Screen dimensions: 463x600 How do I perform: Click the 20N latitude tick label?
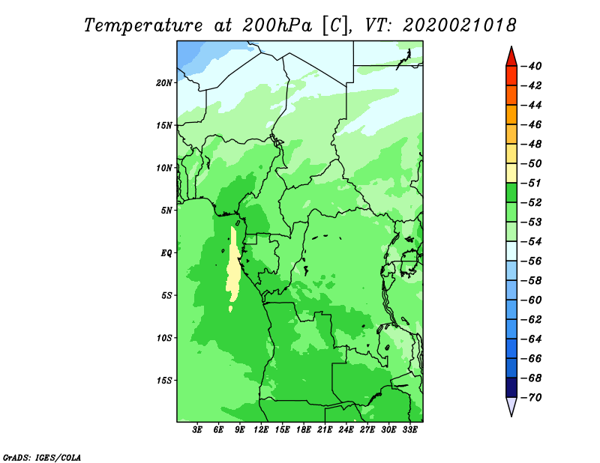[164, 82]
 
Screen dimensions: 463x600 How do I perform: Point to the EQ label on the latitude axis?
[166, 253]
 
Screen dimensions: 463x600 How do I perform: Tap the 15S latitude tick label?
[164, 381]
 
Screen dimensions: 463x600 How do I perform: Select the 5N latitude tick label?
[166, 211]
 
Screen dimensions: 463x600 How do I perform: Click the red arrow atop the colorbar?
[511, 56]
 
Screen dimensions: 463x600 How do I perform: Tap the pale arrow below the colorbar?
[511, 407]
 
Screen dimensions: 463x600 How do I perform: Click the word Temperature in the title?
[147, 25]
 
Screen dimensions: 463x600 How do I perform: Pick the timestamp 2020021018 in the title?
[460, 25]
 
